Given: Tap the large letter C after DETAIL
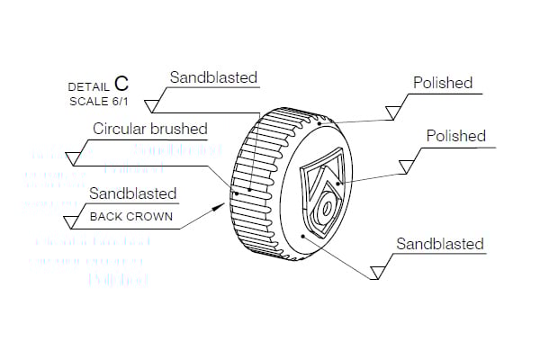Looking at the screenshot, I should (121, 84).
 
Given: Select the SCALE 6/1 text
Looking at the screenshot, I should (100, 101).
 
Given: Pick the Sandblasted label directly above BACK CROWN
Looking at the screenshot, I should (133, 193).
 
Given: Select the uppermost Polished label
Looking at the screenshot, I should (442, 83).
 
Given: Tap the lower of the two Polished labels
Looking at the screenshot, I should (454, 136).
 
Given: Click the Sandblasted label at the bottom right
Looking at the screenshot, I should (440, 244).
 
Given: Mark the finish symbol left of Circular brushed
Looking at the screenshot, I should (75, 157).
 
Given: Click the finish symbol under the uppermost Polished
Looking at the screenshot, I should (392, 112).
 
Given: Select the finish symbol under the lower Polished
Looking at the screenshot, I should (406, 165).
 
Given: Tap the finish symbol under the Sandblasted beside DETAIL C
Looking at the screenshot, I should (154, 99).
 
